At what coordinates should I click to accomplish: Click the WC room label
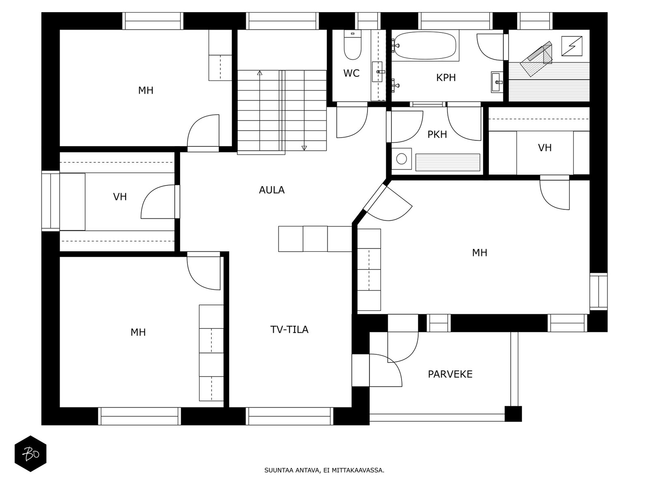click(351, 73)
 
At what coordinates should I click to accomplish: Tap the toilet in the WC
click(352, 45)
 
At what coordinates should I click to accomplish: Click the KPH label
click(446, 78)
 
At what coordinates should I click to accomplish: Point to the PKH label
click(437, 134)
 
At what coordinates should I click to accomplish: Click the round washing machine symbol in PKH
click(402, 158)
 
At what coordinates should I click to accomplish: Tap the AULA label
click(272, 190)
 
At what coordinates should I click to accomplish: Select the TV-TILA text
click(289, 330)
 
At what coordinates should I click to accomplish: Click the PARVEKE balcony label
click(450, 374)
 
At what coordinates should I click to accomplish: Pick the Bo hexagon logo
click(30, 454)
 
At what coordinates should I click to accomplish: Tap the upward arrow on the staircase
click(260, 73)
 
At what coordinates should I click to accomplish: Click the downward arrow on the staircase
click(304, 148)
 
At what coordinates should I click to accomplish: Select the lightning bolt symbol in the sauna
click(572, 46)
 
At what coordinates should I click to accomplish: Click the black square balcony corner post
click(513, 414)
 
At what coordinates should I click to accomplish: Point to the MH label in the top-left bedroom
click(146, 91)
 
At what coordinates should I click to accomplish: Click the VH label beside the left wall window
click(120, 197)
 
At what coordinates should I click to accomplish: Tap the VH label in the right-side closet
click(545, 148)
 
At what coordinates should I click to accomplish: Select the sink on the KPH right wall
click(497, 82)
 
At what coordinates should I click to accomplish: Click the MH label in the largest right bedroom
click(479, 253)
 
